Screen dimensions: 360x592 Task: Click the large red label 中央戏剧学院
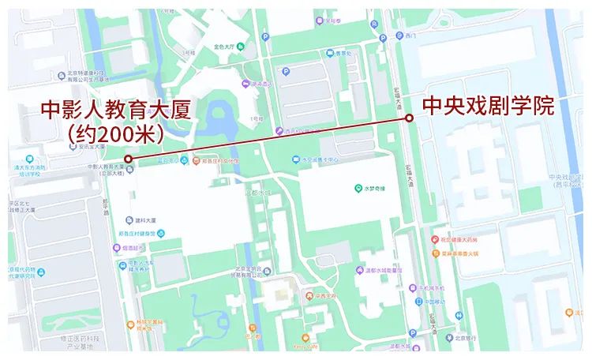(x=488, y=106)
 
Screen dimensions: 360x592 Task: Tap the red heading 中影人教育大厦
(x=116, y=110)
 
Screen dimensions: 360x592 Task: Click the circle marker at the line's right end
(x=409, y=118)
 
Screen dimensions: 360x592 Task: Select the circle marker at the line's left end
(x=128, y=159)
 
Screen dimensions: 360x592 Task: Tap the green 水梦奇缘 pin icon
(x=358, y=189)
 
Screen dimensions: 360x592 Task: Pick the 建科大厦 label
(x=146, y=219)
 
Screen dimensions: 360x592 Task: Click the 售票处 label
(x=340, y=53)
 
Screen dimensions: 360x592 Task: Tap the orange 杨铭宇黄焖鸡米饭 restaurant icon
(x=130, y=324)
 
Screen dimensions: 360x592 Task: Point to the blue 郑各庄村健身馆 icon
(x=161, y=234)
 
